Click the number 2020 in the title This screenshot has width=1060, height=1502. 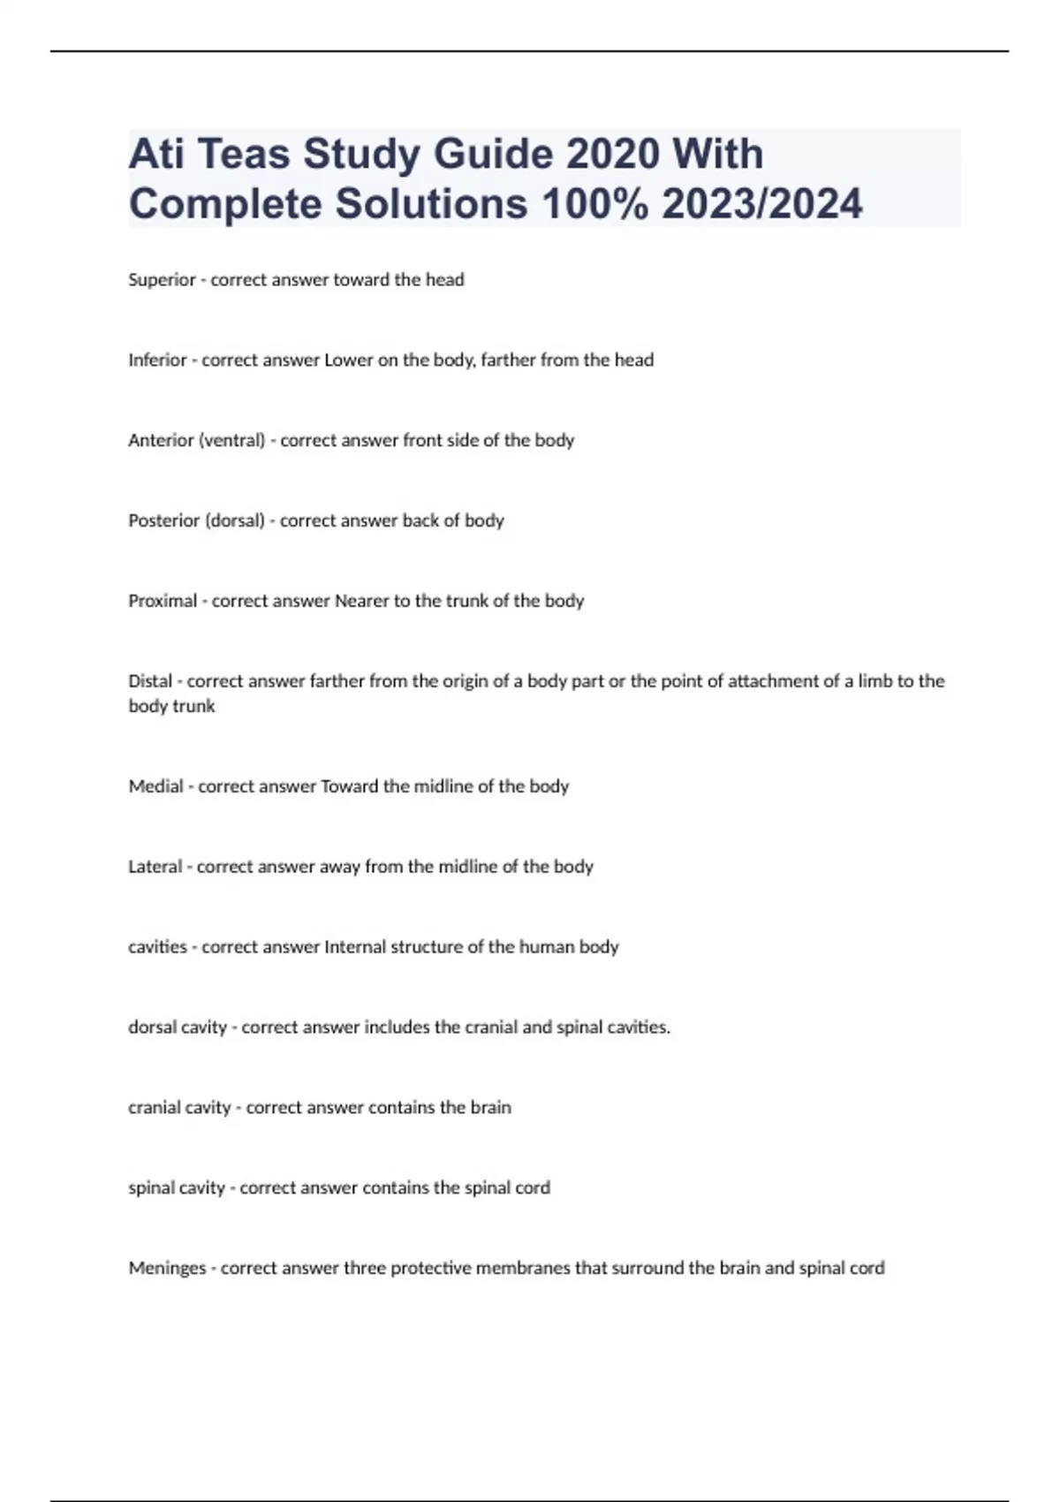click(611, 154)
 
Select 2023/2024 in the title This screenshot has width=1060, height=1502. click(761, 204)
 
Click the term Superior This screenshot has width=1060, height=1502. click(162, 280)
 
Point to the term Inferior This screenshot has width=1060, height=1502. click(157, 360)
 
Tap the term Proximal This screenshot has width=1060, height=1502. click(163, 602)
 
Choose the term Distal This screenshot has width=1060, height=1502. click(150, 681)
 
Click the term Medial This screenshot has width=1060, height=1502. click(155, 786)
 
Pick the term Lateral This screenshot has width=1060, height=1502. click(155, 867)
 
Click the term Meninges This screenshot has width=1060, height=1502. click(167, 1269)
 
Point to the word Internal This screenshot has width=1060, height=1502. click(355, 947)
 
